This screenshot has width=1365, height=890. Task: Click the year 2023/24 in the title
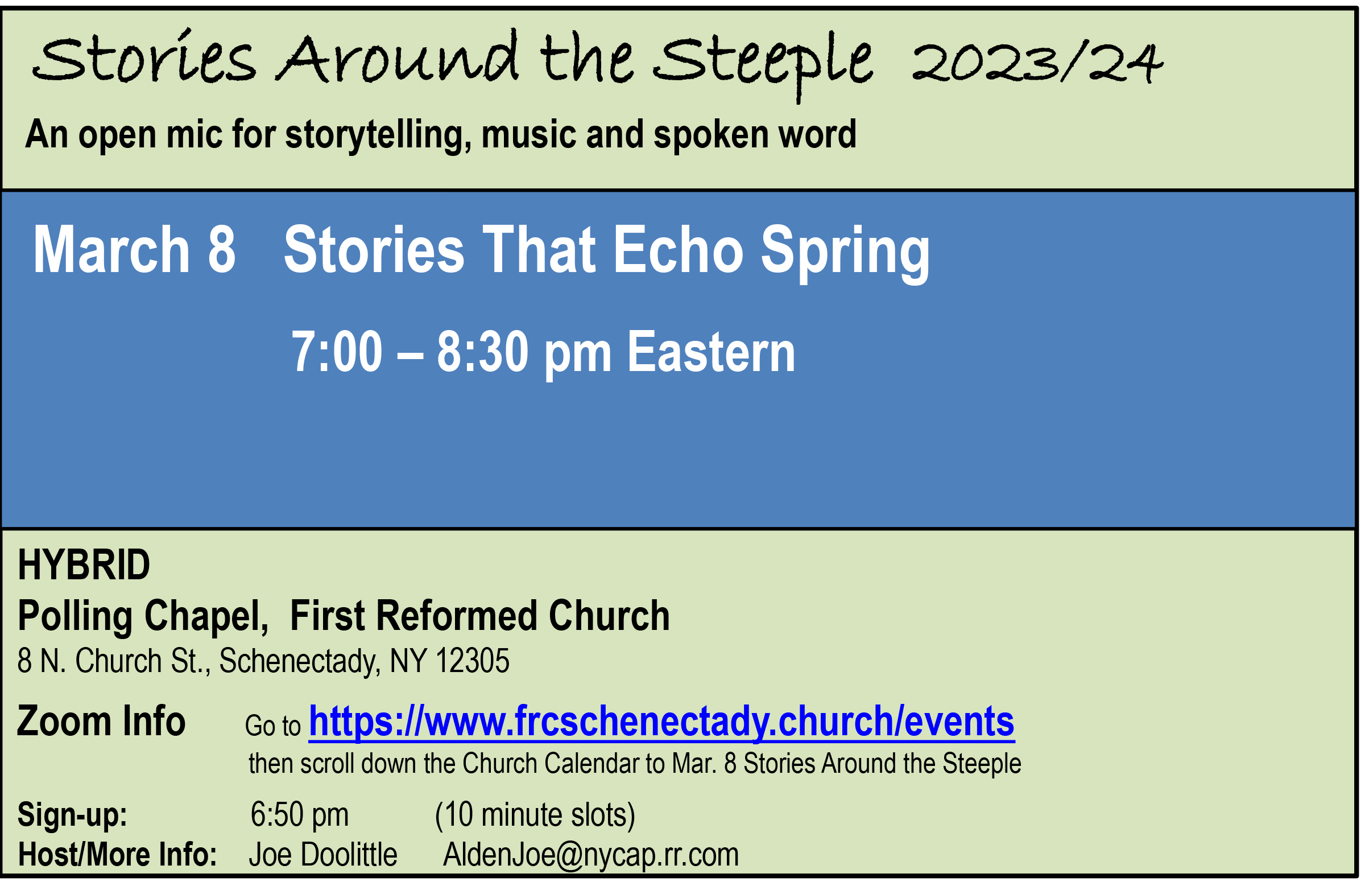(1037, 63)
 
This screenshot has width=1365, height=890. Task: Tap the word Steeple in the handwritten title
(763, 66)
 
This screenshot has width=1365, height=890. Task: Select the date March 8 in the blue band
(134, 249)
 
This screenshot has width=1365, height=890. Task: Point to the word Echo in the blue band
(679, 249)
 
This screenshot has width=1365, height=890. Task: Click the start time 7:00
(337, 351)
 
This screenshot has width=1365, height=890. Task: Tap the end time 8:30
(482, 351)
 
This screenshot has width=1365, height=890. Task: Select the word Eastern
(711, 351)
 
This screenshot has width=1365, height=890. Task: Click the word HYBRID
(84, 565)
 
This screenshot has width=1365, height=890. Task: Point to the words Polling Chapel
(143, 616)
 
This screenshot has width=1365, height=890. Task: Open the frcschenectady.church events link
(661, 722)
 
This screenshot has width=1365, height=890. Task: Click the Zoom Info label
(101, 722)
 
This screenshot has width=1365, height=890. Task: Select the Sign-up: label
(72, 814)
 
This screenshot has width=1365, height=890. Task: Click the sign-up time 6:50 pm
(299, 815)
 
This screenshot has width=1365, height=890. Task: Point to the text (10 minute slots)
(535, 815)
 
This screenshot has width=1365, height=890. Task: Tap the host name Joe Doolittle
(323, 854)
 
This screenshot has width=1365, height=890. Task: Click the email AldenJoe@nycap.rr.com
(591, 855)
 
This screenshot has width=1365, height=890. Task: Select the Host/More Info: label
(118, 854)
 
